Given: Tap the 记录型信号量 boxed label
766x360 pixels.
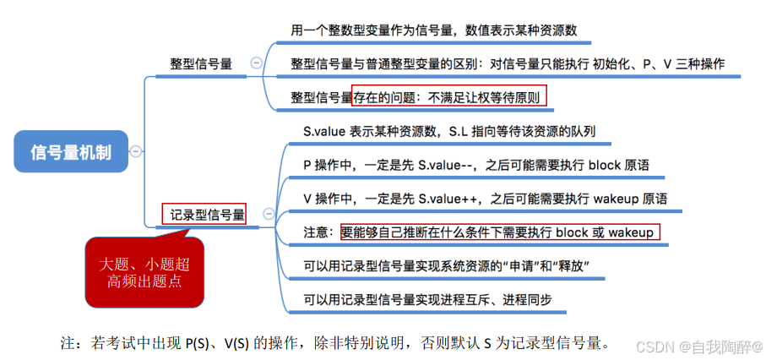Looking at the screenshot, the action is point(204,215).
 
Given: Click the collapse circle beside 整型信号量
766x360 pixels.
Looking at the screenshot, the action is point(255,63).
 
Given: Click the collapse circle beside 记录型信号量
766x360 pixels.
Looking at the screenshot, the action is point(268,215).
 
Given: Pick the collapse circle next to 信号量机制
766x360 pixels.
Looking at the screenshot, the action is point(135,151).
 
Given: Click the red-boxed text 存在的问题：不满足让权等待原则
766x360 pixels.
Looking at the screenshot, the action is point(449,95).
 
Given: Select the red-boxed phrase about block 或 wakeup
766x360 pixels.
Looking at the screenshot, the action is point(499,231).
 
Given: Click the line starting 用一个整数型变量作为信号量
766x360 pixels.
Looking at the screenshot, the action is point(433,30).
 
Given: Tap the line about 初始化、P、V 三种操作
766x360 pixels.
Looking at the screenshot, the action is point(507,63).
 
